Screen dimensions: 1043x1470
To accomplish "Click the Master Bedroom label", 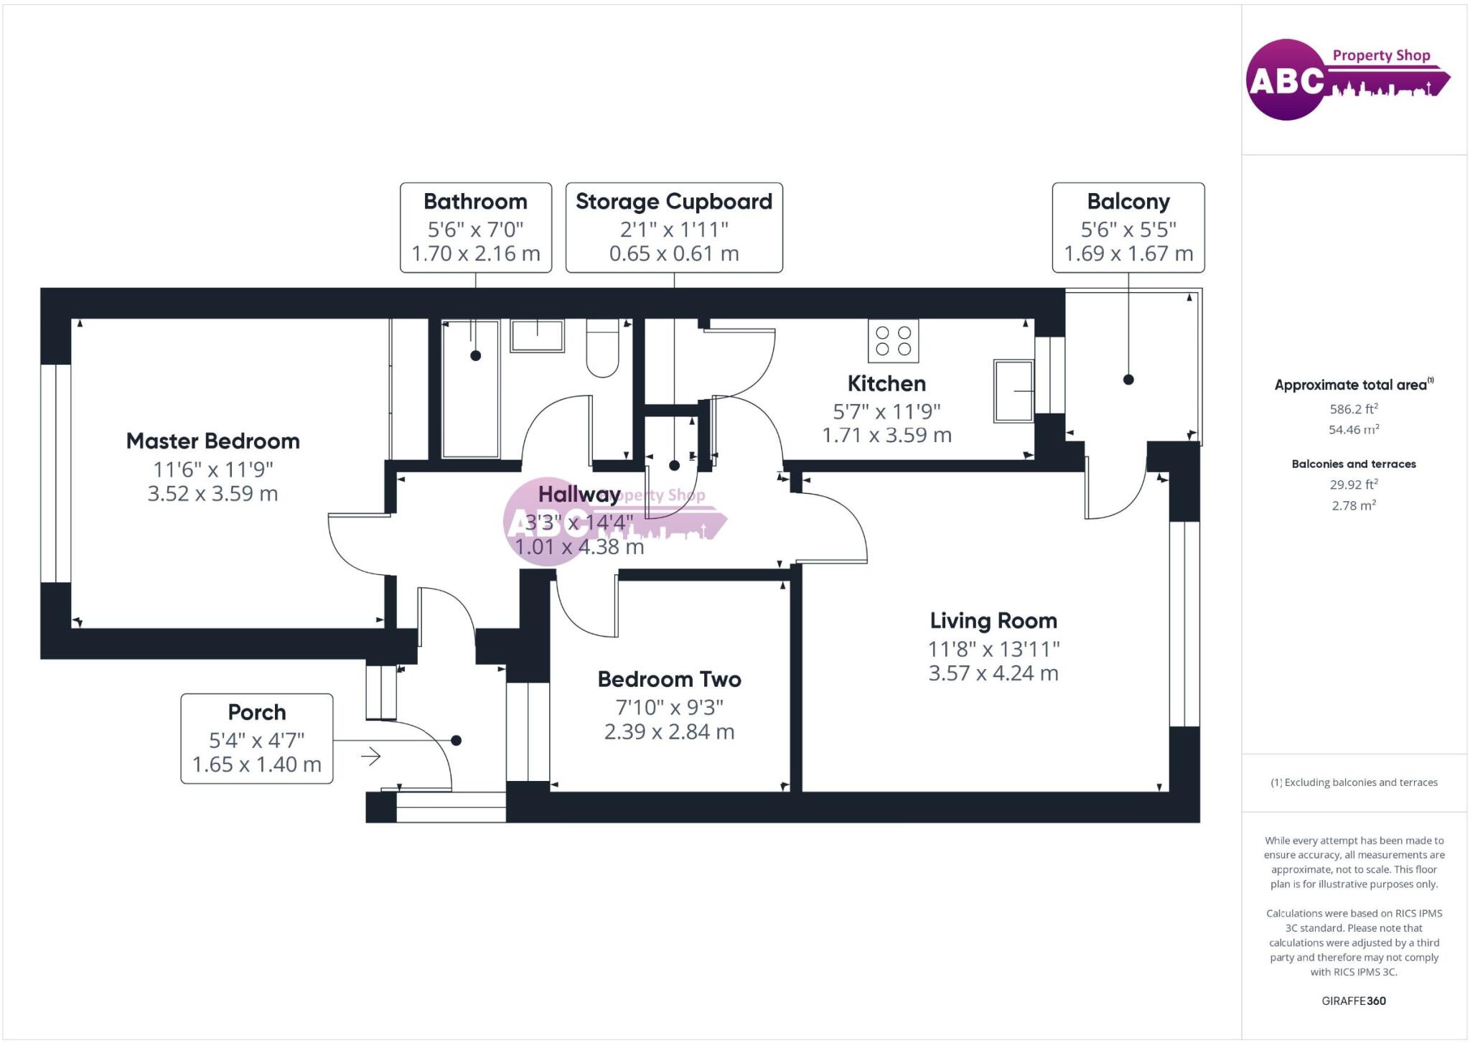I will pyautogui.click(x=212, y=441).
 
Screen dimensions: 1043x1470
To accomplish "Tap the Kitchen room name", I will pyautogui.click(x=886, y=383).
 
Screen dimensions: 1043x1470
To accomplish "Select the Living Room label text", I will pyautogui.click(x=993, y=620).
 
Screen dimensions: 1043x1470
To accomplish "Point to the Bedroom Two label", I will pyautogui.click(x=669, y=679).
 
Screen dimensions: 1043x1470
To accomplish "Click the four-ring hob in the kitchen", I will pyautogui.click(x=894, y=342).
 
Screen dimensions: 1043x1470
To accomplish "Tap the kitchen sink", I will pyautogui.click(x=1013, y=391).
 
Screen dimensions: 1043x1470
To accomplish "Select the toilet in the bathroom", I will pyautogui.click(x=602, y=349).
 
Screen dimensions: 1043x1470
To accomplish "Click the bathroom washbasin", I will pyautogui.click(x=537, y=335).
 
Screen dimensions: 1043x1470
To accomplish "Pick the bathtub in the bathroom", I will pyautogui.click(x=471, y=388).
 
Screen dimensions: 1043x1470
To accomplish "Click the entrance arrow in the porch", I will pyautogui.click(x=370, y=756).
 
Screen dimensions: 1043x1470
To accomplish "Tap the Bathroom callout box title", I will pyautogui.click(x=475, y=201).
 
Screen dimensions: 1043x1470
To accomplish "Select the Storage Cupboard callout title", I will pyautogui.click(x=674, y=201).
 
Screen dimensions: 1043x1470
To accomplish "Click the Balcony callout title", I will pyautogui.click(x=1128, y=201).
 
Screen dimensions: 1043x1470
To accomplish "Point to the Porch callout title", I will pyautogui.click(x=257, y=712).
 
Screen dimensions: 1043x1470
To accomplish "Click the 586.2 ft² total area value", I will pyautogui.click(x=1354, y=409).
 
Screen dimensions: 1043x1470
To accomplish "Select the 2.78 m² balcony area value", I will pyautogui.click(x=1354, y=505).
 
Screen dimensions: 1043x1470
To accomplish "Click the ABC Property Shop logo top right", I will pyautogui.click(x=1347, y=79).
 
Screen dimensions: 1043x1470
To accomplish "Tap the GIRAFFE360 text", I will pyautogui.click(x=1354, y=1001).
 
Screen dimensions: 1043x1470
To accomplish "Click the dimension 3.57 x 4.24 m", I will pyautogui.click(x=993, y=673).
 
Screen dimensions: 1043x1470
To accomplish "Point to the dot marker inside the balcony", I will pyautogui.click(x=1128, y=380).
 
